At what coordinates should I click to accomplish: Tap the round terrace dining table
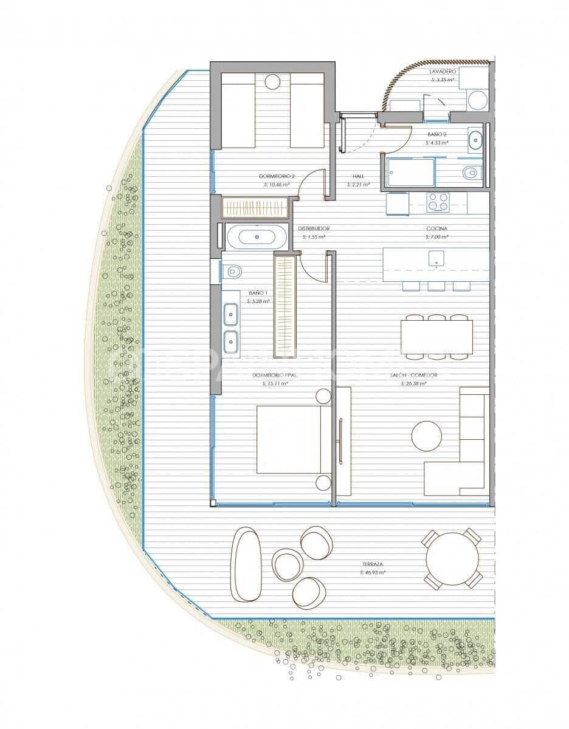coord(453,559)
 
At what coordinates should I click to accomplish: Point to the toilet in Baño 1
coord(232,271)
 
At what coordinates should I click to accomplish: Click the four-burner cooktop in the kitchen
coord(438,202)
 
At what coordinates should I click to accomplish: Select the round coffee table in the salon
coord(427,436)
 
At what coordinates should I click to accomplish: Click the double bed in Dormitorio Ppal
coord(292,439)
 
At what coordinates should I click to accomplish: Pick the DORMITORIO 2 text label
coord(276,176)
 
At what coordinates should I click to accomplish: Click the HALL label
coord(358,176)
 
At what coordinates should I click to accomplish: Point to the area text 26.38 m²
coord(413,384)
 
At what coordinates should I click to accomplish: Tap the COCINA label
coord(437,229)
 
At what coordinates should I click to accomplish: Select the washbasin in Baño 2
coord(475,141)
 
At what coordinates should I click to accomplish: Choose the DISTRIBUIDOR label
coord(314,229)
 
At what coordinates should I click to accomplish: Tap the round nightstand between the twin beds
coord(272,82)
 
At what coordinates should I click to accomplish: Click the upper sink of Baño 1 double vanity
coord(231,314)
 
